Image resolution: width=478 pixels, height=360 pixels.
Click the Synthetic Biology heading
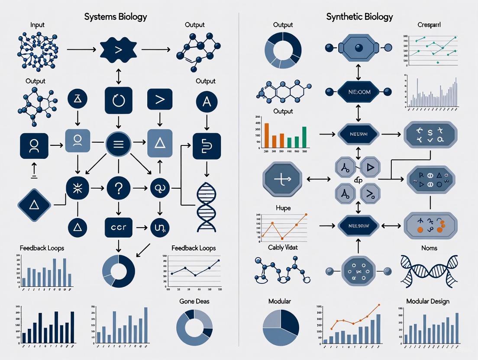pyautogui.click(x=359, y=17)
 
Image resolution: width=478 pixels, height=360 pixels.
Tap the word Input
pyautogui.click(x=37, y=25)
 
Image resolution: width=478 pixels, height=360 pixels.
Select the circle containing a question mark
pyautogui.click(x=118, y=189)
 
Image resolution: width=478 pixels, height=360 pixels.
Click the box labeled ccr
pyautogui.click(x=118, y=226)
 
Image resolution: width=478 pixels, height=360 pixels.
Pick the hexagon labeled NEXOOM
pyautogui.click(x=358, y=92)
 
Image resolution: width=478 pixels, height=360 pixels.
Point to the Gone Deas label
pyautogui.click(x=194, y=301)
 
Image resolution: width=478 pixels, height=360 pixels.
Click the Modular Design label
pyautogui.click(x=427, y=301)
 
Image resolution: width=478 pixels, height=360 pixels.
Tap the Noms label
pyautogui.click(x=429, y=248)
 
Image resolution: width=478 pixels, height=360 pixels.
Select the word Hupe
pyautogui.click(x=283, y=208)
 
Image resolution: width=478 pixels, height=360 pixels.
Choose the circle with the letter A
pyautogui.click(x=207, y=102)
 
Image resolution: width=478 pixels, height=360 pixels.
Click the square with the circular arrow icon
pyautogui.click(x=118, y=100)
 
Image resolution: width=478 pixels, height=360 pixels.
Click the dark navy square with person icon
pyautogui.click(x=33, y=145)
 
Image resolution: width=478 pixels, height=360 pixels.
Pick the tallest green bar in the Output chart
pyautogui.click(x=304, y=137)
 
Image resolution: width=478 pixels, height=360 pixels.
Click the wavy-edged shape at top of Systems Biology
pyautogui.click(x=118, y=50)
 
